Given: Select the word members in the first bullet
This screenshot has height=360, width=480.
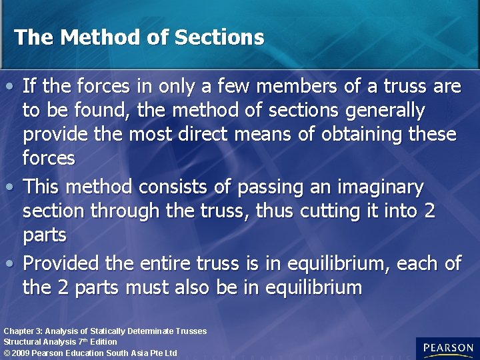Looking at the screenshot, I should pos(303,86).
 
